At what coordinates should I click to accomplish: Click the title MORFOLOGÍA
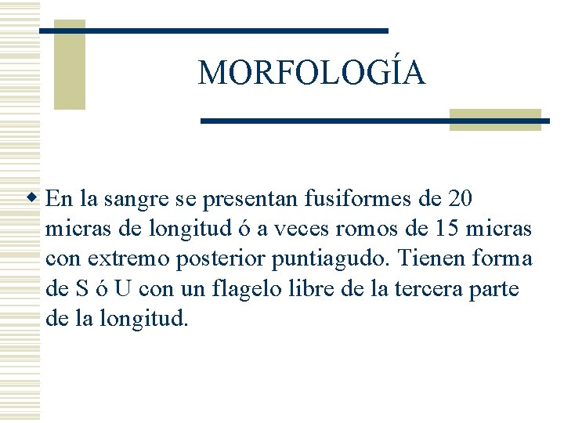point(312,73)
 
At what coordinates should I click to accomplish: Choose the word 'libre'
point(322,288)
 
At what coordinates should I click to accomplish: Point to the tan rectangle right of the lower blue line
point(495,120)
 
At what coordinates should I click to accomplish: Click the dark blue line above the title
point(213,31)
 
